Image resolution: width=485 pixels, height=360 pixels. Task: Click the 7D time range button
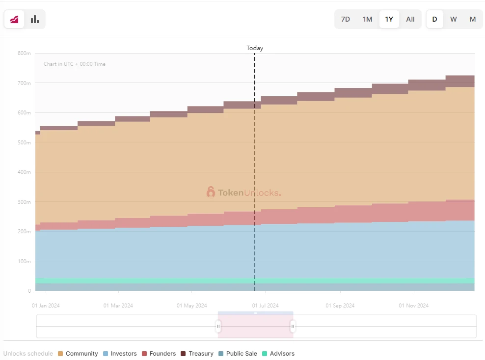point(346,19)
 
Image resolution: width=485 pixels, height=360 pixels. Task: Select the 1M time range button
point(367,19)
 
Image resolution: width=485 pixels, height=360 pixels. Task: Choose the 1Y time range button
point(389,19)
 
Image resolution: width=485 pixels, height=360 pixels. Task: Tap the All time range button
point(410,19)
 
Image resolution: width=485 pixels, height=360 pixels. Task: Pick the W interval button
point(454,19)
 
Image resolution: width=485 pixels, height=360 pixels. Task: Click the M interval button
point(473,19)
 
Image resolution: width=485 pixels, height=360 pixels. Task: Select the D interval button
point(434,19)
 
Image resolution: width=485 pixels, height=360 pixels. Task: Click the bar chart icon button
point(35,19)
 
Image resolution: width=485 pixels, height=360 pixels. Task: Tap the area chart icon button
point(14,19)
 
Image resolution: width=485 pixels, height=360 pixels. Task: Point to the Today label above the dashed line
point(255,48)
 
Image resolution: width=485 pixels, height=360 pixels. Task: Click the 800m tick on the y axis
point(24,53)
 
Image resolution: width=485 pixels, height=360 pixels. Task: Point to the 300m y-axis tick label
point(24,202)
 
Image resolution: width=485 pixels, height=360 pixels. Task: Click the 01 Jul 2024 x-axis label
point(265,305)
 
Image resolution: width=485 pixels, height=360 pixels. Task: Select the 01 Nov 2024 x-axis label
point(414,305)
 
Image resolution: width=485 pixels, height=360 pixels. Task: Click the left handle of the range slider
point(218,326)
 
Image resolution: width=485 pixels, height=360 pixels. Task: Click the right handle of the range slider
point(293,326)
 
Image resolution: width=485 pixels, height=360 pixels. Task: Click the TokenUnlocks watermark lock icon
point(211,192)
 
